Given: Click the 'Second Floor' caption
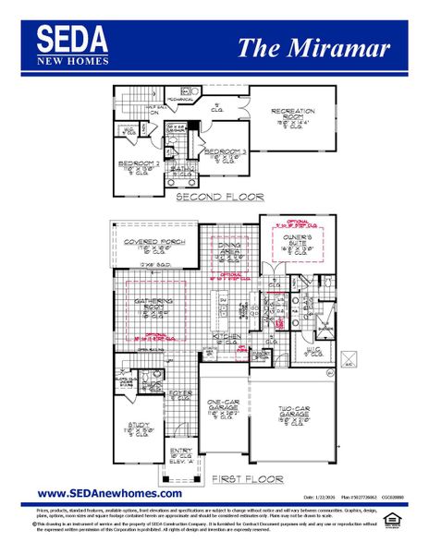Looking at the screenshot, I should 219,197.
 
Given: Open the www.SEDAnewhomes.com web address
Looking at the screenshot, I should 109,494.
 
